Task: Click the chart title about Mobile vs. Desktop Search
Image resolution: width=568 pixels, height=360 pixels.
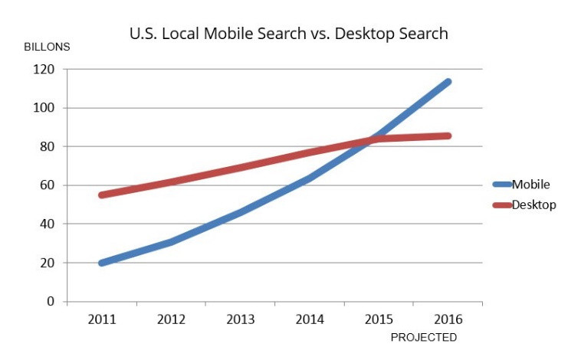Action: click(x=288, y=34)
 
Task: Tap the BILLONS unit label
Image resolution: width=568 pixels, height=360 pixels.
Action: click(x=47, y=47)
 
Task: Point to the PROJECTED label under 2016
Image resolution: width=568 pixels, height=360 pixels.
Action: click(x=423, y=337)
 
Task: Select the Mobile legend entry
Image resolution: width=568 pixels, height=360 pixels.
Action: click(x=530, y=184)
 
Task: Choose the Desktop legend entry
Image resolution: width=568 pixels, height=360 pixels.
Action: click(x=534, y=205)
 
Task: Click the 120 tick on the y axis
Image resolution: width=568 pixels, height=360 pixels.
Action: click(x=45, y=69)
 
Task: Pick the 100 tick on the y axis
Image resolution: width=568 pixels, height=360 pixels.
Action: click(x=45, y=108)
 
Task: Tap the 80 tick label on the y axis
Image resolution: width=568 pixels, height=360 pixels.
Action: click(x=48, y=146)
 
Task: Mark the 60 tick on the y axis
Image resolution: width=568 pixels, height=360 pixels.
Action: click(x=48, y=185)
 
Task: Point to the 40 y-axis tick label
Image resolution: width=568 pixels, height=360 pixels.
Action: click(x=48, y=224)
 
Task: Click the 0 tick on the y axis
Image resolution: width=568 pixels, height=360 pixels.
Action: click(x=51, y=302)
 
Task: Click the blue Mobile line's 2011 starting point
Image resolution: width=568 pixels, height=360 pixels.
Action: click(x=102, y=263)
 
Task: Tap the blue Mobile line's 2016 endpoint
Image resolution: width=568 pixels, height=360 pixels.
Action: click(x=448, y=81)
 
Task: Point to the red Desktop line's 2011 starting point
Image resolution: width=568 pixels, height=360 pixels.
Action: click(x=102, y=195)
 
